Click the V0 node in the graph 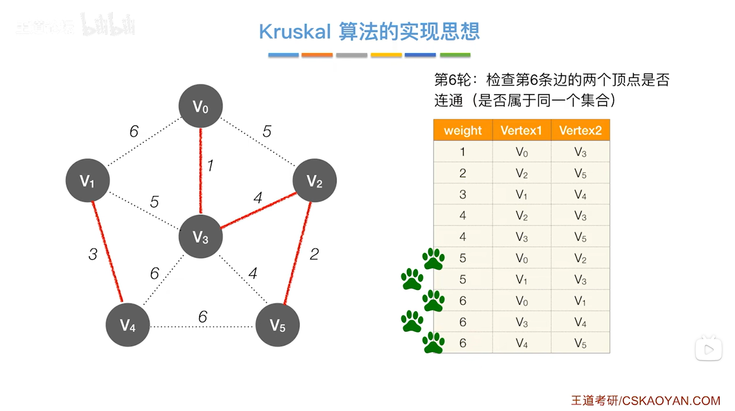click(x=201, y=106)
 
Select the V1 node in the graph click(x=88, y=181)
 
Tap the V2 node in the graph click(x=315, y=181)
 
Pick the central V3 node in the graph click(x=201, y=237)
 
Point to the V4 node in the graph click(x=128, y=325)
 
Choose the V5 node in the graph click(x=277, y=325)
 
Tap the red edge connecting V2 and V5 click(x=298, y=253)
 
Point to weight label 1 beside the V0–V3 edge click(x=210, y=166)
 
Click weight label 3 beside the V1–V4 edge click(x=93, y=254)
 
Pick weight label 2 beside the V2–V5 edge click(x=314, y=254)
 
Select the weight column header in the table click(x=463, y=130)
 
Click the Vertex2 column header click(x=580, y=130)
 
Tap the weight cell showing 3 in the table click(x=463, y=194)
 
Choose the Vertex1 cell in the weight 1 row click(x=521, y=152)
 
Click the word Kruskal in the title click(x=295, y=32)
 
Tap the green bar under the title click(x=455, y=55)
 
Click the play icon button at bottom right click(x=709, y=350)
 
